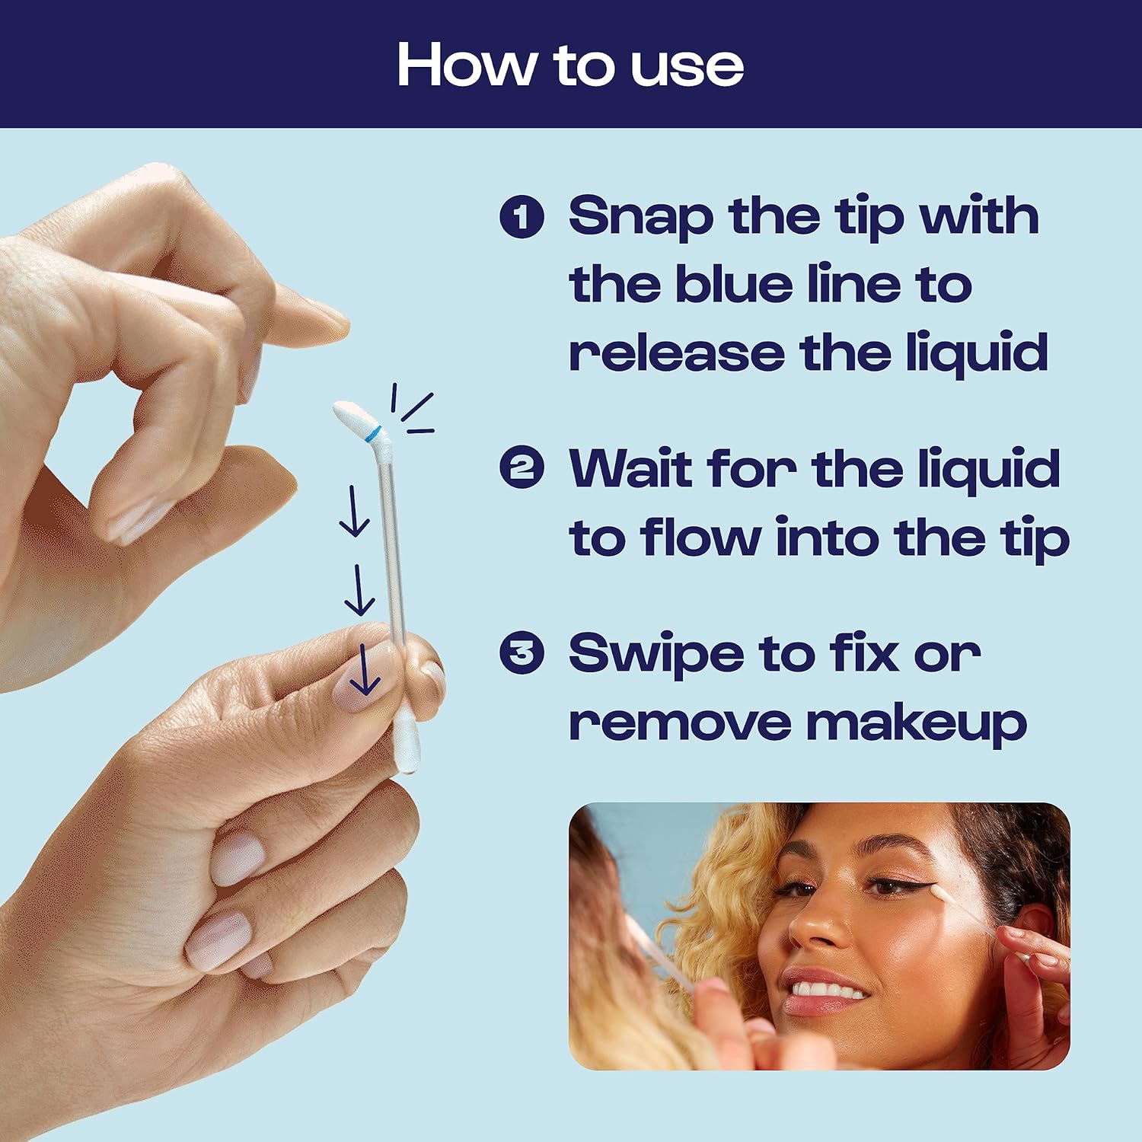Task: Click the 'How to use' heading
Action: click(x=569, y=65)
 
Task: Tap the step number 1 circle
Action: click(x=522, y=216)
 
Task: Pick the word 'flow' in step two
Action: click(x=700, y=538)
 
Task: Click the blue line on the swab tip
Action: click(x=372, y=434)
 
